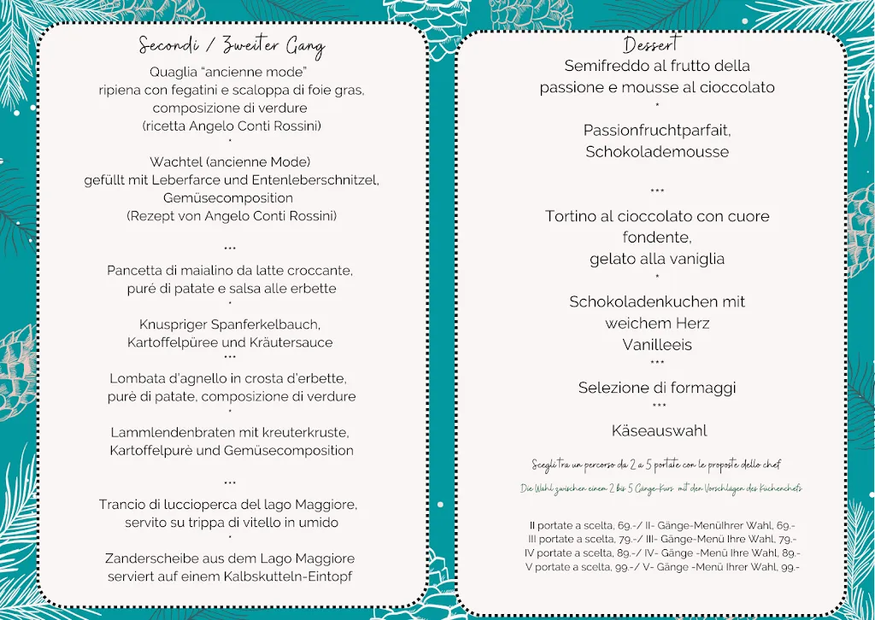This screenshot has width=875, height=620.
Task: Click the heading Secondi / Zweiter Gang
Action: click(231, 46)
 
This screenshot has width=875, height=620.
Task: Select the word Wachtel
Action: click(174, 161)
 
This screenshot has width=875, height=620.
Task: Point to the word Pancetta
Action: click(138, 271)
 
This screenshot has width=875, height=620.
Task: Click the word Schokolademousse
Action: click(656, 152)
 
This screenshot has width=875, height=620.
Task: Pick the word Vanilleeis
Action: click(656, 345)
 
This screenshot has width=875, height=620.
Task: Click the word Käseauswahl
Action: click(659, 430)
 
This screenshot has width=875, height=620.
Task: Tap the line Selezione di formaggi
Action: click(656, 388)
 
